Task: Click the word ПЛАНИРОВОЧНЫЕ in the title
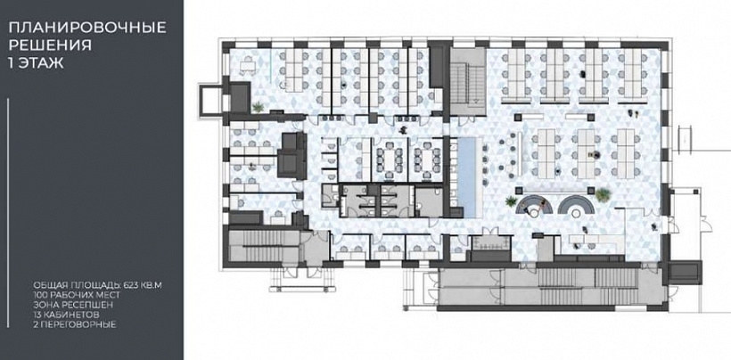tap(87, 28)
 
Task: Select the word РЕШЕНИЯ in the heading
tap(50, 45)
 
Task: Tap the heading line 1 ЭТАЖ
tap(37, 62)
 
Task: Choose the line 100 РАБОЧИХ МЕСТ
tap(77, 295)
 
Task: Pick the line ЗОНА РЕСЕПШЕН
tap(73, 305)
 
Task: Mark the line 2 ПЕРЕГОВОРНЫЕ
tap(75, 324)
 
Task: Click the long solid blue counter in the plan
tap(468, 177)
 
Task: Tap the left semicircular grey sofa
tap(536, 203)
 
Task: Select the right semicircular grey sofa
tap(577, 203)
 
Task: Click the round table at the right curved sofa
tap(577, 213)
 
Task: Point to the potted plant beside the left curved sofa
tap(512, 201)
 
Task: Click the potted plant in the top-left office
tap(258, 108)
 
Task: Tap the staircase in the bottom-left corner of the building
tap(264, 246)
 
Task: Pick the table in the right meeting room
tap(428, 160)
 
